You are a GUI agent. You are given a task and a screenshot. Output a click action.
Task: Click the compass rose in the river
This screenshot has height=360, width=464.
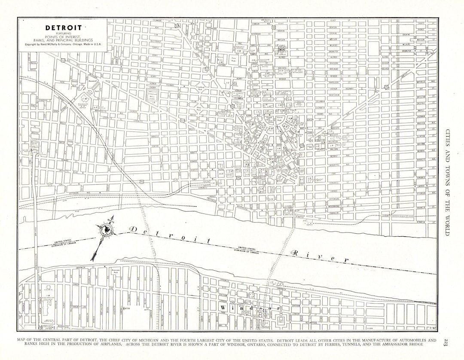pos(106,231)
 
